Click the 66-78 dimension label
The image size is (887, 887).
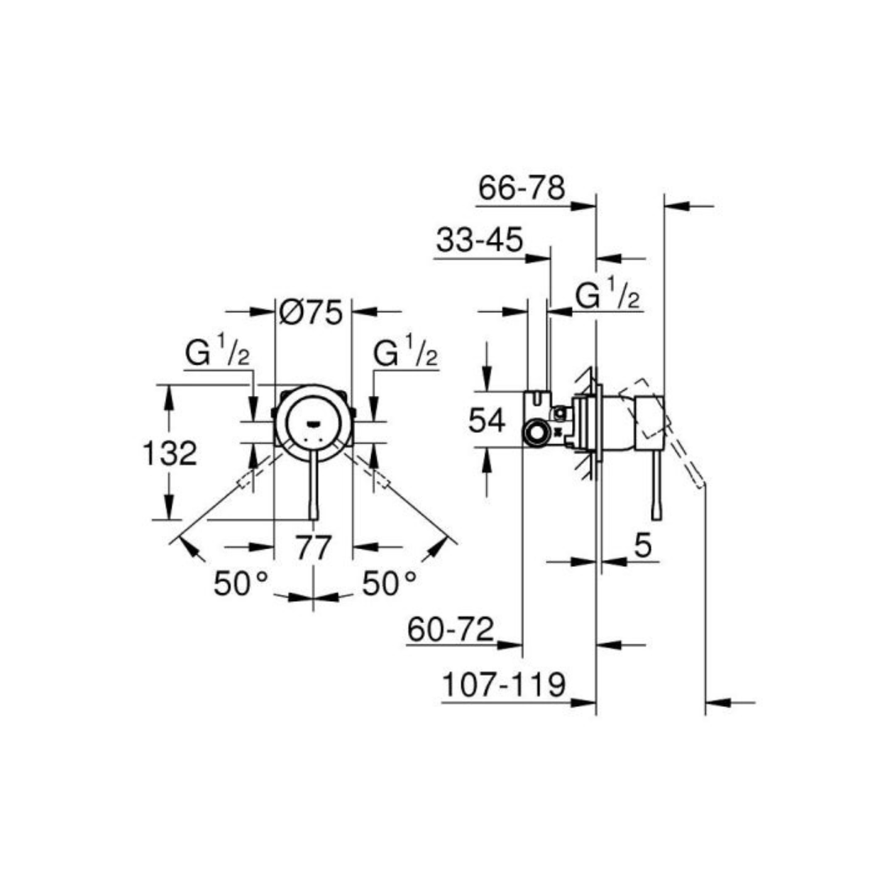coord(522,189)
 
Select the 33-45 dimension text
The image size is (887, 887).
coord(480,240)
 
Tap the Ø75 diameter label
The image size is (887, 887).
coord(312,312)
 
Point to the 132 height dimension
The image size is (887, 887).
coord(170,453)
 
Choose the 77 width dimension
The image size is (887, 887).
coord(314,548)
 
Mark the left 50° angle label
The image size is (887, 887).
coord(240,584)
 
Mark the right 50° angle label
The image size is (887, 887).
coord(389,584)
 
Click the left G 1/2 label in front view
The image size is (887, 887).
coord(218,353)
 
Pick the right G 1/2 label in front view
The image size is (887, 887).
coord(405,353)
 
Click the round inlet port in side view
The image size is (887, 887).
coord(535,431)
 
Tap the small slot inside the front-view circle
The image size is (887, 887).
coord(313,422)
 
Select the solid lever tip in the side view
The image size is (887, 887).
coord(656,512)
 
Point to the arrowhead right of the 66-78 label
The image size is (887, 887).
coord(583,206)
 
